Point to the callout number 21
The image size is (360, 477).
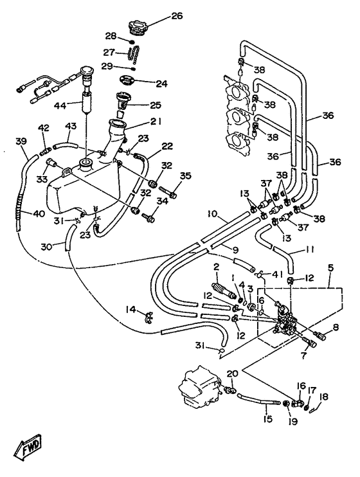tap(155, 122)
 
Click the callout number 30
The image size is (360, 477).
tap(47, 246)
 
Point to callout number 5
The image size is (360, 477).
tap(331, 268)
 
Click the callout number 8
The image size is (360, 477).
tap(336, 327)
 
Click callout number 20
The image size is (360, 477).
tap(232, 373)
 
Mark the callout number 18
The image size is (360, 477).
tap(324, 397)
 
